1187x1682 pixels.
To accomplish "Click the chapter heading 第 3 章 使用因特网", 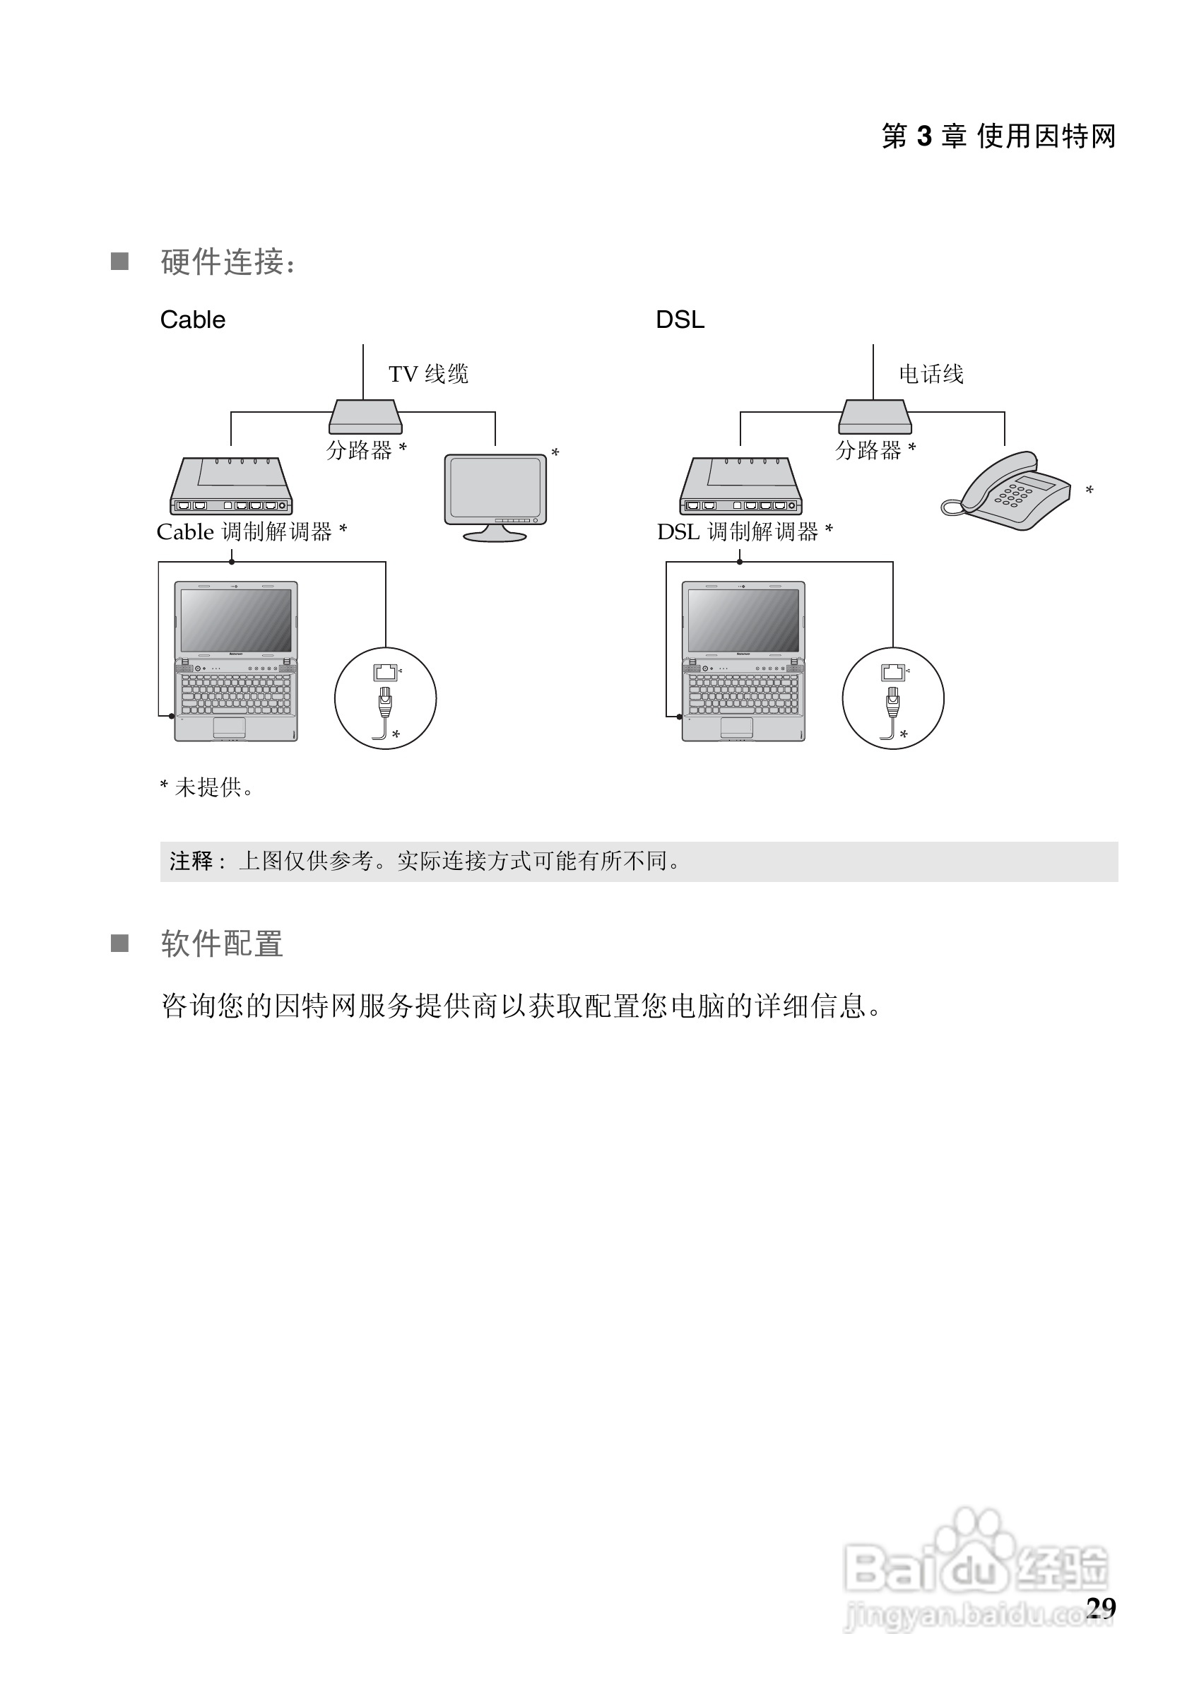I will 998,136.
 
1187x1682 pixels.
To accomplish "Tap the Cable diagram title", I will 193,320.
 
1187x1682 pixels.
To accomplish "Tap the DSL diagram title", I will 680,320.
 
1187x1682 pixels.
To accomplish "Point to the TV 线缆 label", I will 428,375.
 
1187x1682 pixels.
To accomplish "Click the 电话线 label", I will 931,375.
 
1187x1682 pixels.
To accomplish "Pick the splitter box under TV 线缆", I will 365,417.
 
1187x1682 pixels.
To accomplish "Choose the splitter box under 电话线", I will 874,417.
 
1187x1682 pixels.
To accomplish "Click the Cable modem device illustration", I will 230,486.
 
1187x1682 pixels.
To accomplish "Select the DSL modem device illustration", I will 740,486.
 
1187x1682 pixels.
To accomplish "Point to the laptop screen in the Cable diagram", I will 236,620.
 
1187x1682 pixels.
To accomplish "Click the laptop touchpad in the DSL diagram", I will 737,727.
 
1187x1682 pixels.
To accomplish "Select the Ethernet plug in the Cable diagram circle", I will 384,702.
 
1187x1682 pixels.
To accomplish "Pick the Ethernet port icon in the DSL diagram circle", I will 892,671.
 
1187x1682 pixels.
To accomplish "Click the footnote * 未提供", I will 206,787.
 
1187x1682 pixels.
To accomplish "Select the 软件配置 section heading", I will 222,943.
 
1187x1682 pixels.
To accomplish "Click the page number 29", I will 1101,1607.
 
